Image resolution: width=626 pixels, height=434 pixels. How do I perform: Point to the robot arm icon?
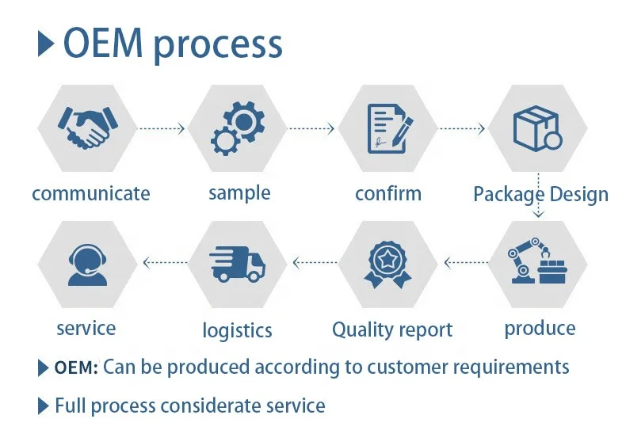538,262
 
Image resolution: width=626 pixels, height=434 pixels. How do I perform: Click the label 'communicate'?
90,193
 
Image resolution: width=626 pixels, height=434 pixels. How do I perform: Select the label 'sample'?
239,193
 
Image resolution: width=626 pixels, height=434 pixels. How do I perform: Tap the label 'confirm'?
388,193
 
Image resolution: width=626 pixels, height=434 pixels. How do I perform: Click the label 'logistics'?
237,330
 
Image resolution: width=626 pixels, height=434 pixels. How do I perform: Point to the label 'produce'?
540,328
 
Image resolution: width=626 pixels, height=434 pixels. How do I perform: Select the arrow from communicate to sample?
162,127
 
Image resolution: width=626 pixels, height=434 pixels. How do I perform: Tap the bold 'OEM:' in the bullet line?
76,368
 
